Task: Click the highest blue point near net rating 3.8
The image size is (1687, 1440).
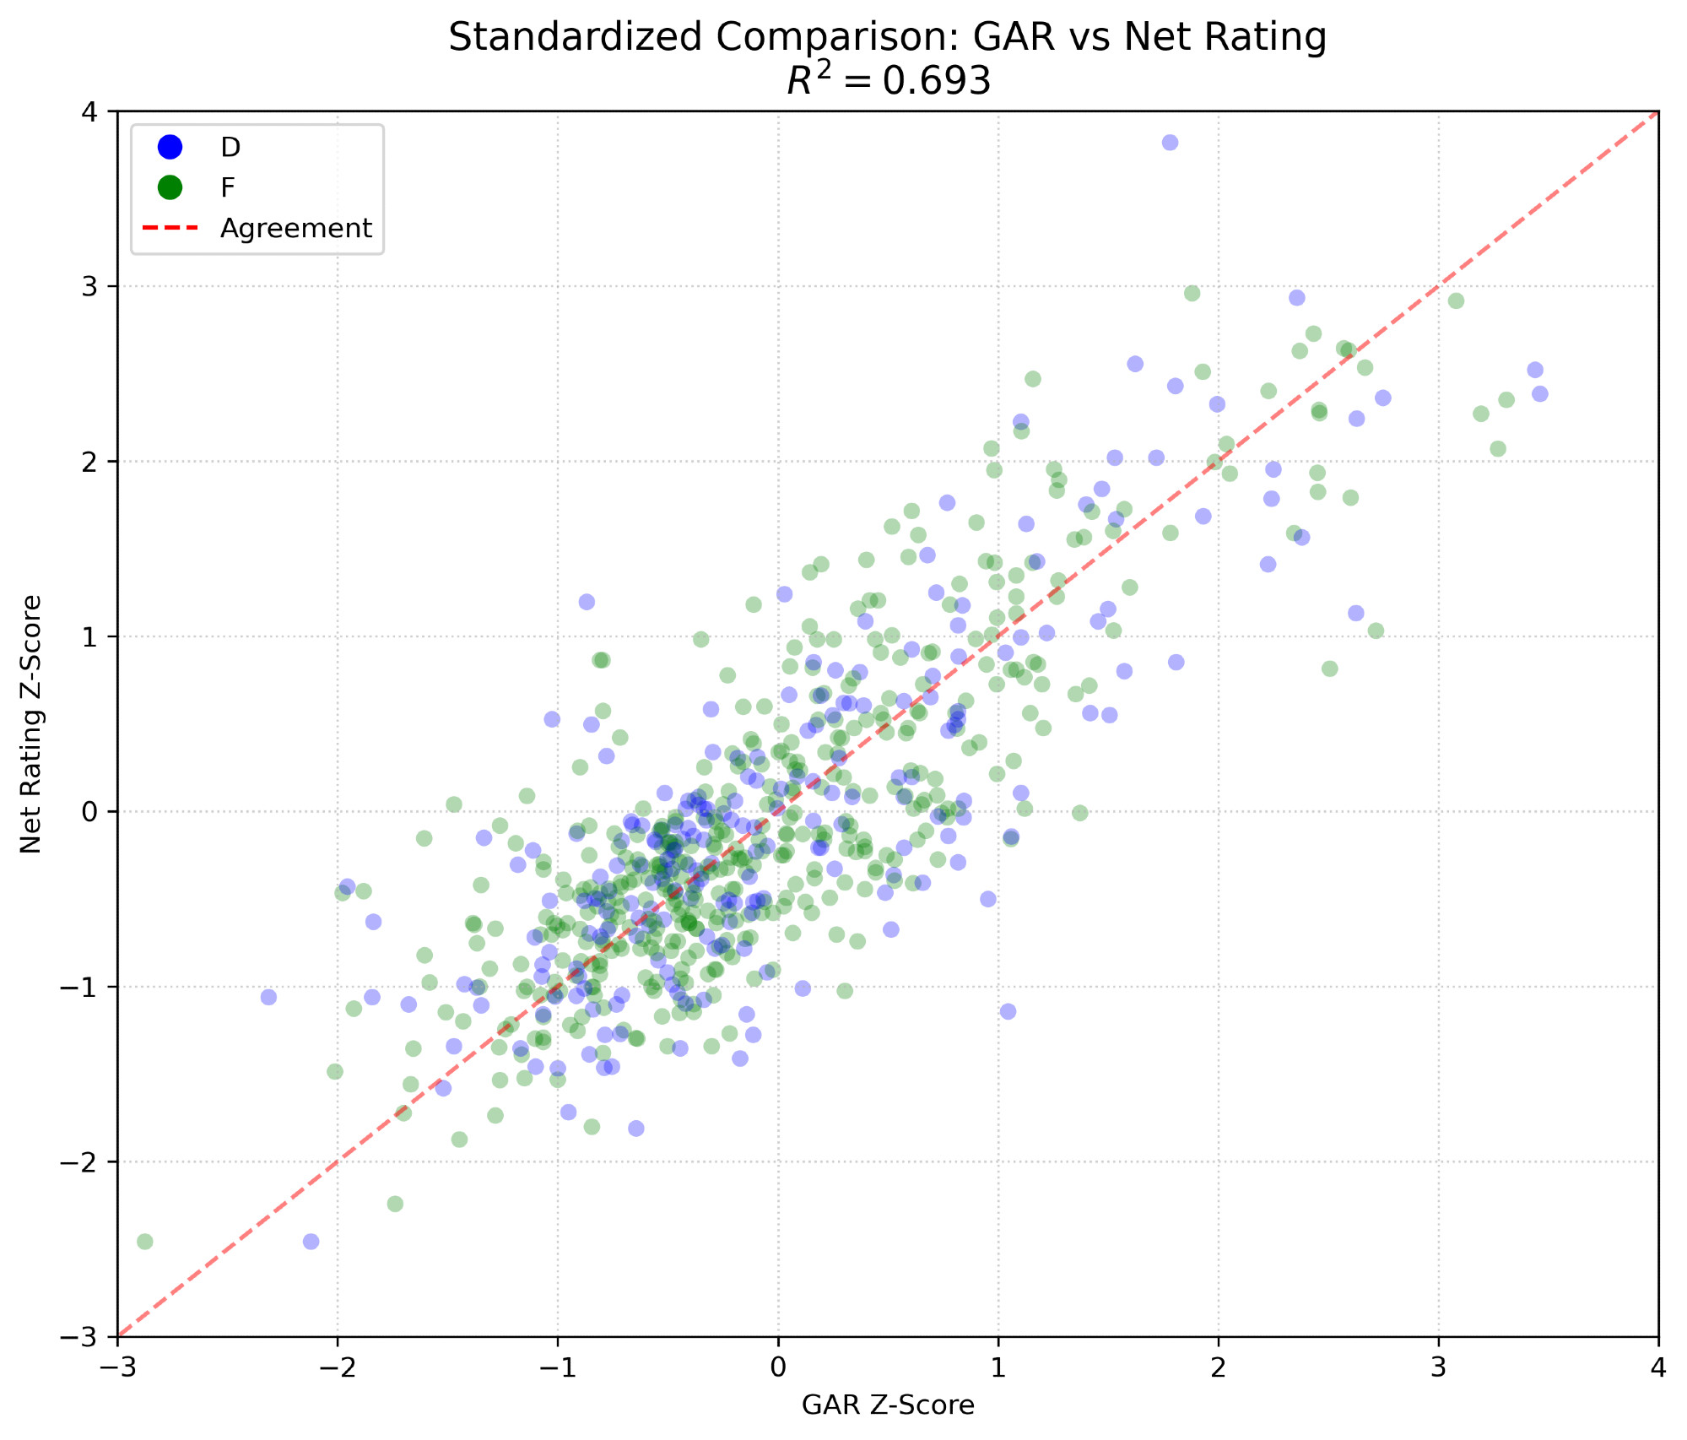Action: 1170,143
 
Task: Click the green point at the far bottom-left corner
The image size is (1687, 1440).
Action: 145,1242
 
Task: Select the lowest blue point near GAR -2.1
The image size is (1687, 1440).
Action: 311,1242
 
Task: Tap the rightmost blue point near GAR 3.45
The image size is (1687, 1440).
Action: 1540,394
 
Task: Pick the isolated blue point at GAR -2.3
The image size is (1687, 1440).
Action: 268,997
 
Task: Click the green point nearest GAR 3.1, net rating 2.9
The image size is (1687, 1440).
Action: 1456,301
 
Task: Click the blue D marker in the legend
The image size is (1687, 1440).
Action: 170,147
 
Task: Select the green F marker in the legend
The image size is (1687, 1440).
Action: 170,187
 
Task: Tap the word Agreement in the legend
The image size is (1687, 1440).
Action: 295,229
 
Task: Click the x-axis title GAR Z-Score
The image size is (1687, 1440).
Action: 888,1405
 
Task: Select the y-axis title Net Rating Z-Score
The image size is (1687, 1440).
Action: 31,723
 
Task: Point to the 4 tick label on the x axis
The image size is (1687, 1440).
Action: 1658,1367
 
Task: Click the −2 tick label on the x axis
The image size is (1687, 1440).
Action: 338,1367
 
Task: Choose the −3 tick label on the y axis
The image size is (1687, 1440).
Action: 81,1337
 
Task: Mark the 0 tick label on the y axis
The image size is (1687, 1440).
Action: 89,812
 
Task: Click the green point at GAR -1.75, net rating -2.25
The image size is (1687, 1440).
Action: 395,1204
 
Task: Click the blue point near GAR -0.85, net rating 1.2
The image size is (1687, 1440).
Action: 587,602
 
